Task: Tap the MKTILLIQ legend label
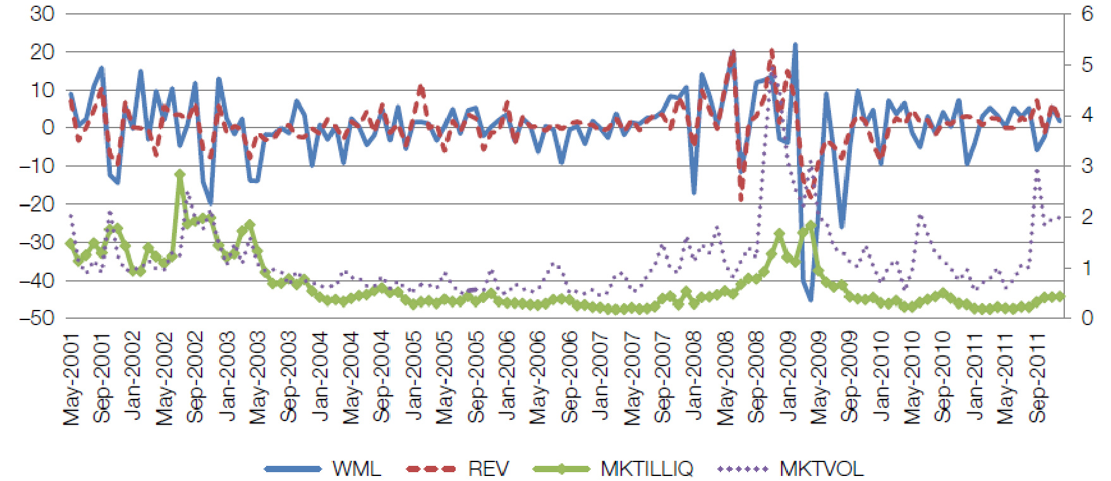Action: [647, 469]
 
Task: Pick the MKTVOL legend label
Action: [821, 469]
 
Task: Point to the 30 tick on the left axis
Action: [42, 14]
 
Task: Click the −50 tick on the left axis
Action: [37, 318]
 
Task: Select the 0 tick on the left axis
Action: [48, 128]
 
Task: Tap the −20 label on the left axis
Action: [37, 204]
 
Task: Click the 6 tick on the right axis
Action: [1087, 14]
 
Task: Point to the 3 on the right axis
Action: [1087, 166]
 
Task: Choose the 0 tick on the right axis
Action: [1087, 318]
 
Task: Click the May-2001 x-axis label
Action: [71, 379]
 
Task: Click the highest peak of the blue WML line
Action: [795, 45]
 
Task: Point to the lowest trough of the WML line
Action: [811, 299]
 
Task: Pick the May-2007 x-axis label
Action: [632, 379]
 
